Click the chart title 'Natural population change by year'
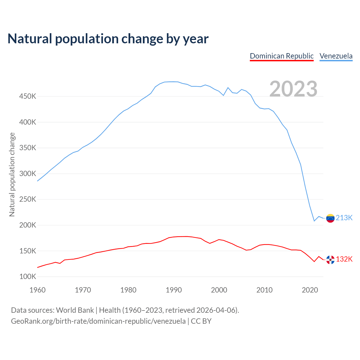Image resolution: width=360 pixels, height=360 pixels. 108,39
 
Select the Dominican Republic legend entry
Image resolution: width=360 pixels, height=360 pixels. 282,56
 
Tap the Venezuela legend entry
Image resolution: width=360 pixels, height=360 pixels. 336,56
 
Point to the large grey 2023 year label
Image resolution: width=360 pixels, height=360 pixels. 293,89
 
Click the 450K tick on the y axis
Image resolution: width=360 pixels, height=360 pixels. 28,96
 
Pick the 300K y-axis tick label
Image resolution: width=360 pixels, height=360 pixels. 28,174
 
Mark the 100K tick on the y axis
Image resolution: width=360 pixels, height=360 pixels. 28,276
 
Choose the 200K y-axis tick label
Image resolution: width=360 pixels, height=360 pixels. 28,225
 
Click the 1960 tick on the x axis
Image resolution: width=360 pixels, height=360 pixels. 37,290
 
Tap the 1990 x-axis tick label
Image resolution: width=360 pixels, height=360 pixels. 174,290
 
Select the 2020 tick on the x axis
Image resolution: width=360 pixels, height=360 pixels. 310,290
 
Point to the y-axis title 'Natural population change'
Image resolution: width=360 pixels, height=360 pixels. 12,174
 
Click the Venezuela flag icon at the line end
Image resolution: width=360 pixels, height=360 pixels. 330,218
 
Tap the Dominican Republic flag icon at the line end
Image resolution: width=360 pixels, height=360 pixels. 330,260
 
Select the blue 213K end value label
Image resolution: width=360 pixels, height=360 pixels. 344,218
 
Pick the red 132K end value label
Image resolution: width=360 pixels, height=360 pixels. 344,259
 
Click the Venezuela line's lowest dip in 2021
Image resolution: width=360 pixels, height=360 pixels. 314,221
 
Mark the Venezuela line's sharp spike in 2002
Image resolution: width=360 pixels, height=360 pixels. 228,88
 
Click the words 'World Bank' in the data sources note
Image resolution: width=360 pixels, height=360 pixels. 75,310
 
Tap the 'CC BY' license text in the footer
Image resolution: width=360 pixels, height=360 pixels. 201,321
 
